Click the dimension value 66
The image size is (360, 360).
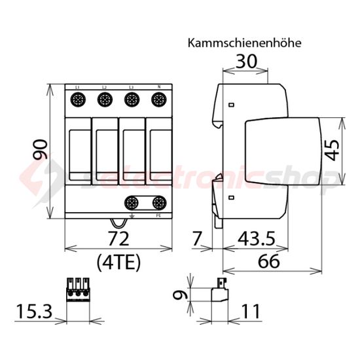269,261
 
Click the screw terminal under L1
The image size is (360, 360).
77,100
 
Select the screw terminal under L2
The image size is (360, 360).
104,100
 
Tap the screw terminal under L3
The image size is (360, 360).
131,100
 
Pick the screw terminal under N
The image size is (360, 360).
158,100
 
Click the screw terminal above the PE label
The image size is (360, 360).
158,202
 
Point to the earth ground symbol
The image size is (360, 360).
134,215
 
